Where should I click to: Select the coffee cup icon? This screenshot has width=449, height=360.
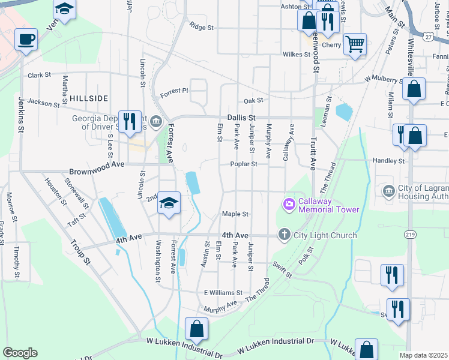(x=26, y=40)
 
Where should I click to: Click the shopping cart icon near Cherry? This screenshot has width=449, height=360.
(x=355, y=43)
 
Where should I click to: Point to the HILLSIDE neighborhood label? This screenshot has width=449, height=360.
(x=88, y=98)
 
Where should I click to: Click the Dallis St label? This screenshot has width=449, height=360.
(x=241, y=118)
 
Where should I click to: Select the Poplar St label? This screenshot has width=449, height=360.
(x=246, y=164)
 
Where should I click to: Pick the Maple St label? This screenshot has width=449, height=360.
(x=235, y=214)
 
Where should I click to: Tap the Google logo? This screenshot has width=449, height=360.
(x=20, y=352)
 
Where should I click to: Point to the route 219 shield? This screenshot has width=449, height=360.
(x=411, y=234)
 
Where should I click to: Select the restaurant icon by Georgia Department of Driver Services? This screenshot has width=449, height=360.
(x=130, y=121)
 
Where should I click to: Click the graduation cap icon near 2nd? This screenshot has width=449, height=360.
(x=169, y=202)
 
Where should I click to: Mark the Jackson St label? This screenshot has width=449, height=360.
(x=44, y=103)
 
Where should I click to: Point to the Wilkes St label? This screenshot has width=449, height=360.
(x=296, y=55)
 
